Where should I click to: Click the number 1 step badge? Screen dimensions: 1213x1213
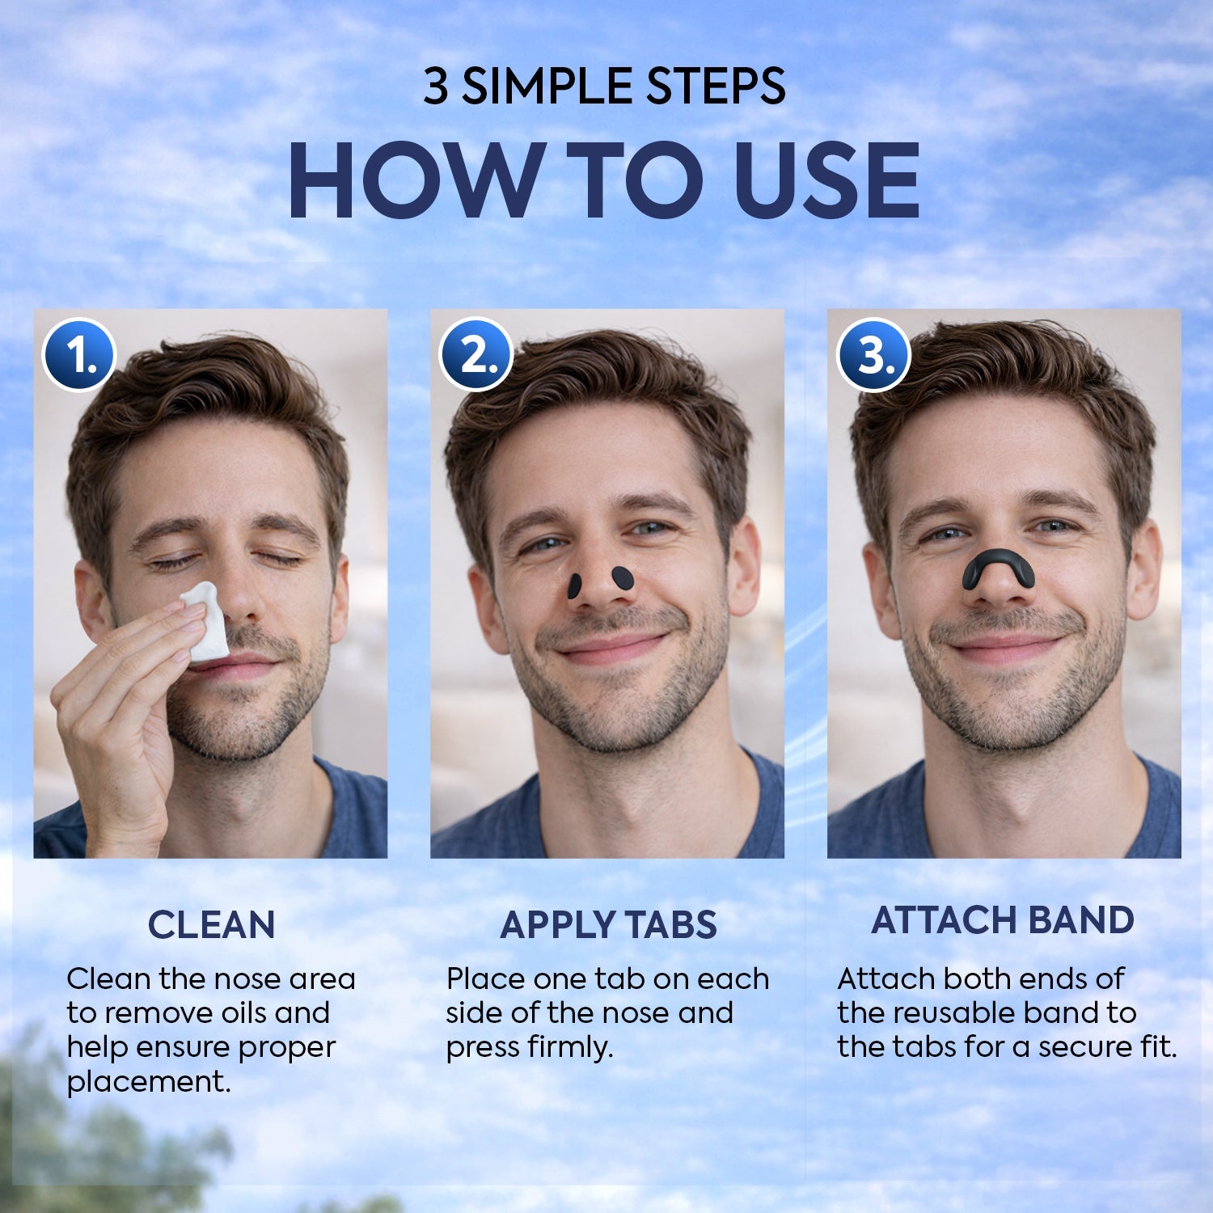pyautogui.click(x=79, y=355)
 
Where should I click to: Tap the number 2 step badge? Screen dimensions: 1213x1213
pyautogui.click(x=476, y=354)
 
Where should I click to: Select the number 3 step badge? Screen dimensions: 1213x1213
pyautogui.click(x=873, y=355)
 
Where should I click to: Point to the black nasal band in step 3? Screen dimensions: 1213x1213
pyautogui.click(x=998, y=566)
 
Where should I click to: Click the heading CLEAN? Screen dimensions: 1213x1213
pyautogui.click(x=211, y=925)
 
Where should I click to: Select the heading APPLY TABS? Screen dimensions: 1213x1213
pyautogui.click(x=608, y=925)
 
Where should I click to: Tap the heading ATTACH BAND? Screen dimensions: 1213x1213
pyautogui.click(x=1003, y=920)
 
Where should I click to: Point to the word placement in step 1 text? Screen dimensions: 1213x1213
pyautogui.click(x=147, y=1081)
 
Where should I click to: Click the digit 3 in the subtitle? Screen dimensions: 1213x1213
pyautogui.click(x=436, y=87)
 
